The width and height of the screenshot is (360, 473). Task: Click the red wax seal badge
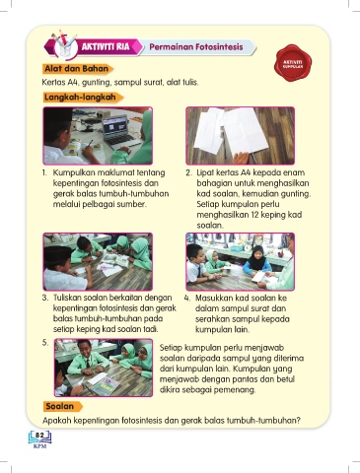click(293, 63)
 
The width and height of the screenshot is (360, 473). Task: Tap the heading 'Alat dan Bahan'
click(77, 69)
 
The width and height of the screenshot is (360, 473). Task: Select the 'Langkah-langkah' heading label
click(80, 98)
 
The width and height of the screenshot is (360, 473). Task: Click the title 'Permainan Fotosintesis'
click(196, 47)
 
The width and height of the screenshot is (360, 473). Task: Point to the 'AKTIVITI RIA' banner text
click(106, 46)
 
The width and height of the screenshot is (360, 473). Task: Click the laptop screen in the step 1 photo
click(115, 126)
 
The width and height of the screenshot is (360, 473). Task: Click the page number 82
click(39, 436)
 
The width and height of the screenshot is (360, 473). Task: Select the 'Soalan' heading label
click(59, 406)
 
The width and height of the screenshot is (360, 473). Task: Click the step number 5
click(45, 343)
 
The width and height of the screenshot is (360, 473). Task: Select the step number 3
click(45, 298)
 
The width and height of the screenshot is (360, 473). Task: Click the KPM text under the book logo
click(39, 446)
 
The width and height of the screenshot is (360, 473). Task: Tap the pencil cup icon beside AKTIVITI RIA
click(64, 46)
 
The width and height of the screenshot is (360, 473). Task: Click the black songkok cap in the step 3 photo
click(57, 253)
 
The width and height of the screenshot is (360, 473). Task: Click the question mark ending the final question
click(298, 421)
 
